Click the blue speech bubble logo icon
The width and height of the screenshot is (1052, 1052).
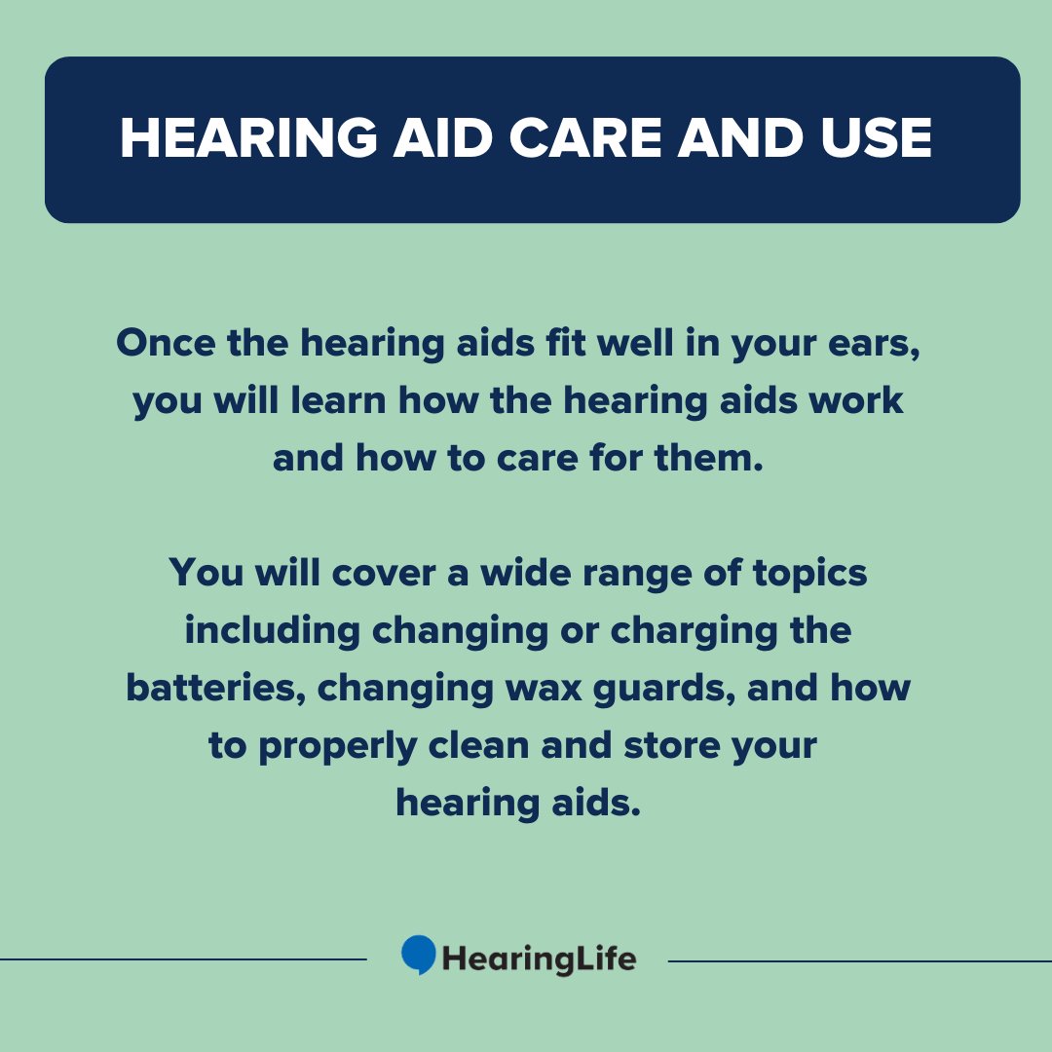coord(419,955)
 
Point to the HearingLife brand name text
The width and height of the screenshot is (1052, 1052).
coord(539,958)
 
